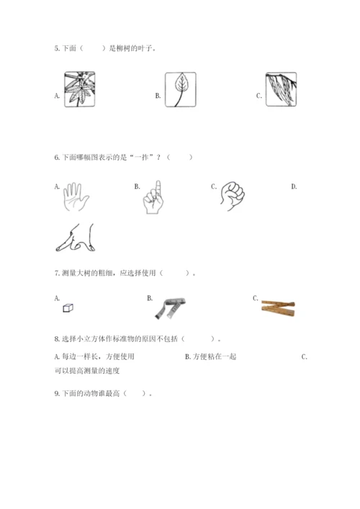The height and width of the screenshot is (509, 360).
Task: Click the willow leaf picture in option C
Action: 281,89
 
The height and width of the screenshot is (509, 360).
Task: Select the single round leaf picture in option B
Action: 181,89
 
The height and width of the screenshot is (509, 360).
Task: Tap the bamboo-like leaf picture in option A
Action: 79,89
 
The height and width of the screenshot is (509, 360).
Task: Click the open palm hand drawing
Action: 76,197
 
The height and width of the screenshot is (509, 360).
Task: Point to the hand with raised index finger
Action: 153,197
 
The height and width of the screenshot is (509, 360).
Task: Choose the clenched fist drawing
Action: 233,196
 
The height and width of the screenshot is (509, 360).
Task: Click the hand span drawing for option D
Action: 76,238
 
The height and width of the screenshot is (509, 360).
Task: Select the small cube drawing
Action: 68,307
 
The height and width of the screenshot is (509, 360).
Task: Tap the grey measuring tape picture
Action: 170,308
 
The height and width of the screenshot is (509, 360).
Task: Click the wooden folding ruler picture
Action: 278,307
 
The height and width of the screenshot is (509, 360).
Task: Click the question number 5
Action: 57,49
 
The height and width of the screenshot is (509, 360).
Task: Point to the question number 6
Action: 57,158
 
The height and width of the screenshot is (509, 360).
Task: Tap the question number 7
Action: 57,273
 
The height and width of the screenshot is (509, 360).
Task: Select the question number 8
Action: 57,339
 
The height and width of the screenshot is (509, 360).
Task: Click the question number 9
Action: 57,394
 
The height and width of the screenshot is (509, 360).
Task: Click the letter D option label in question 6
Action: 294,186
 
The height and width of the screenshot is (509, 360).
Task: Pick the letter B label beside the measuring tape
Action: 150,298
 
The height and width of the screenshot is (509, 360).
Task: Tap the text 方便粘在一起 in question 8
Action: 215,357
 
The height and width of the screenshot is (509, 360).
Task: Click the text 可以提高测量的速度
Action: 87,371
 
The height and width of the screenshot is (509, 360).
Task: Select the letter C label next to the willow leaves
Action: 258,96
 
